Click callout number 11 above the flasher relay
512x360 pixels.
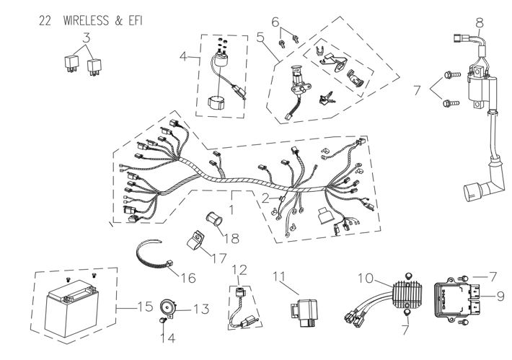[279, 275]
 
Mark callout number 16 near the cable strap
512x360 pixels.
[188, 276]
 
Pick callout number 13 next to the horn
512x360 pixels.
[200, 309]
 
